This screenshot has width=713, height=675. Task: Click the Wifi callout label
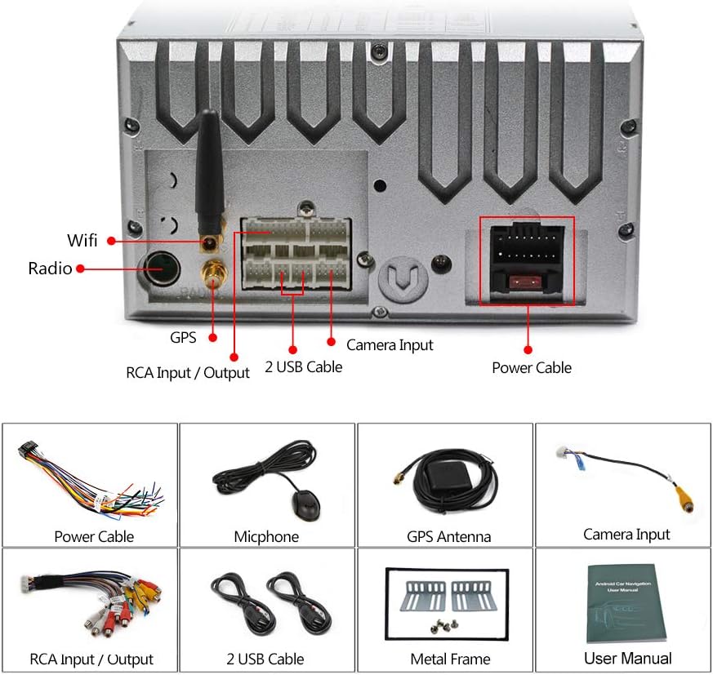click(82, 240)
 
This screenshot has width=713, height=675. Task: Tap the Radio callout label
click(50, 268)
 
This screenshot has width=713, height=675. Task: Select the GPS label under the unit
click(183, 336)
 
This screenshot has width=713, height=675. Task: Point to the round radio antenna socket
click(162, 267)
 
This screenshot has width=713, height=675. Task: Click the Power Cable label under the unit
click(531, 367)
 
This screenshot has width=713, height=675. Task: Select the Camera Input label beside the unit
click(390, 344)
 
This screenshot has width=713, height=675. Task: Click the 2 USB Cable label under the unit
click(303, 366)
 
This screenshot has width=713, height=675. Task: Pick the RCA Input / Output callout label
click(187, 373)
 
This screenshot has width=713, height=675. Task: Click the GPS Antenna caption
click(448, 536)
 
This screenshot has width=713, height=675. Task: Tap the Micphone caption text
click(266, 536)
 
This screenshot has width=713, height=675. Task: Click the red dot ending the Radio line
click(80, 268)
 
